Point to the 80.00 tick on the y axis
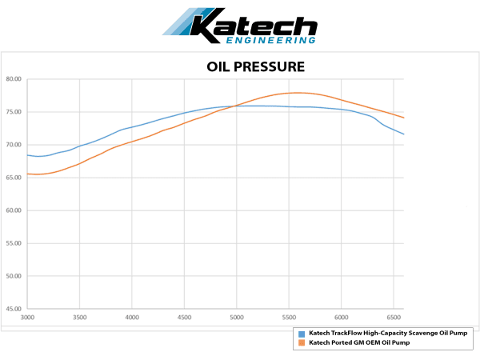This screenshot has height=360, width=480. tap(14, 79)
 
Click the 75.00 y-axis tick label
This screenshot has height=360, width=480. tap(14, 112)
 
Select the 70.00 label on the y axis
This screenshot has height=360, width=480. tap(14, 145)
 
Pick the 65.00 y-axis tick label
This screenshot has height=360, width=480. tap(14, 178)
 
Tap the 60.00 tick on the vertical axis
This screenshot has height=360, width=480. tap(14, 210)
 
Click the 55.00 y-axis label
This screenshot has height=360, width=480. tap(14, 243)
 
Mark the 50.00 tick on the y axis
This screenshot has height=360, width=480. tap(14, 276)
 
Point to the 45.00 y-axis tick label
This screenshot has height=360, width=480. tap(14, 309)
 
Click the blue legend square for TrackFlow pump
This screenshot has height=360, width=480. tap(300, 332)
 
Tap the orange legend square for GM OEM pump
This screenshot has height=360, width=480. tap(300, 342)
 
